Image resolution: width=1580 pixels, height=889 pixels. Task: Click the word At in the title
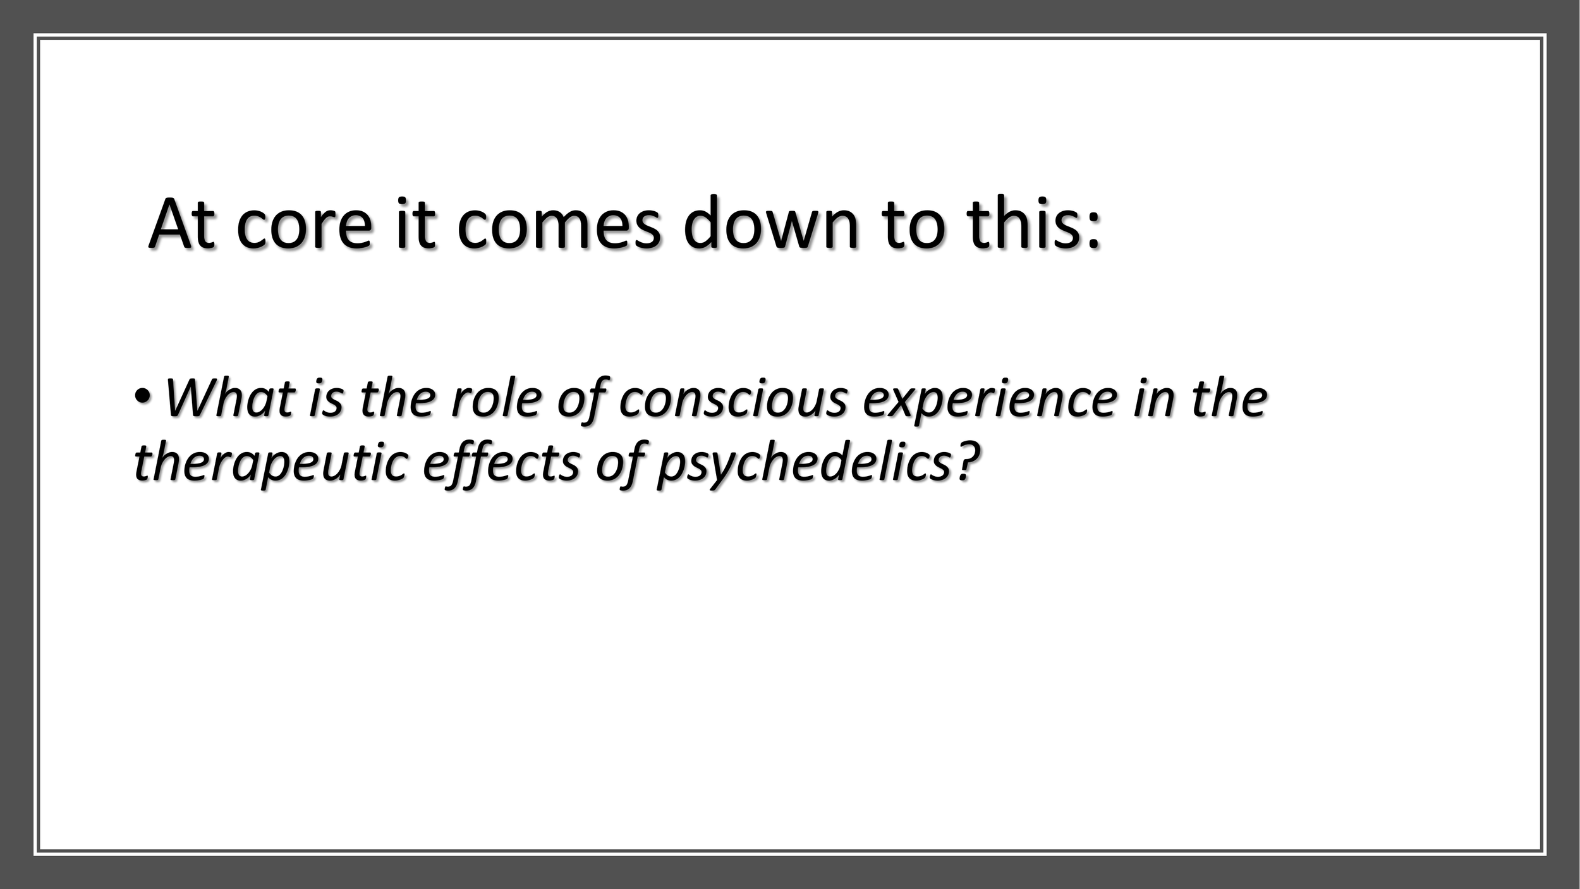tap(181, 224)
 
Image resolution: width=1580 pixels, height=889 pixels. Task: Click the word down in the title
tap(771, 224)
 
